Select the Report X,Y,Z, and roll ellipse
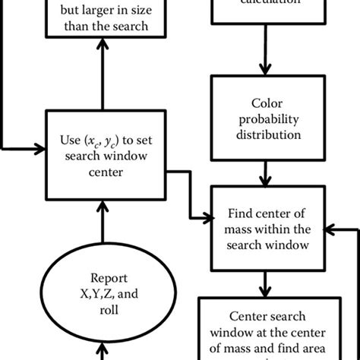point(97,291)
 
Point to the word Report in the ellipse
point(97,276)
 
